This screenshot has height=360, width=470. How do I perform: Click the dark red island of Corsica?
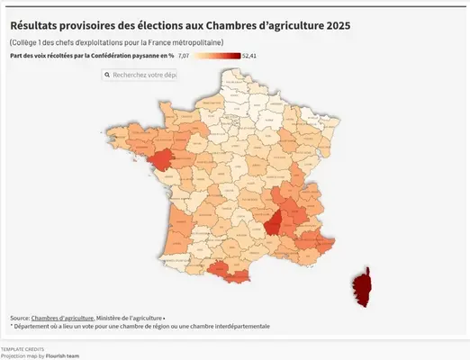pyautogui.click(x=363, y=287)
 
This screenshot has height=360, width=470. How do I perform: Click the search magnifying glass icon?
pyautogui.click(x=106, y=76)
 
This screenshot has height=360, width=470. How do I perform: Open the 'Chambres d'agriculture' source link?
pyautogui.click(x=62, y=318)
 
